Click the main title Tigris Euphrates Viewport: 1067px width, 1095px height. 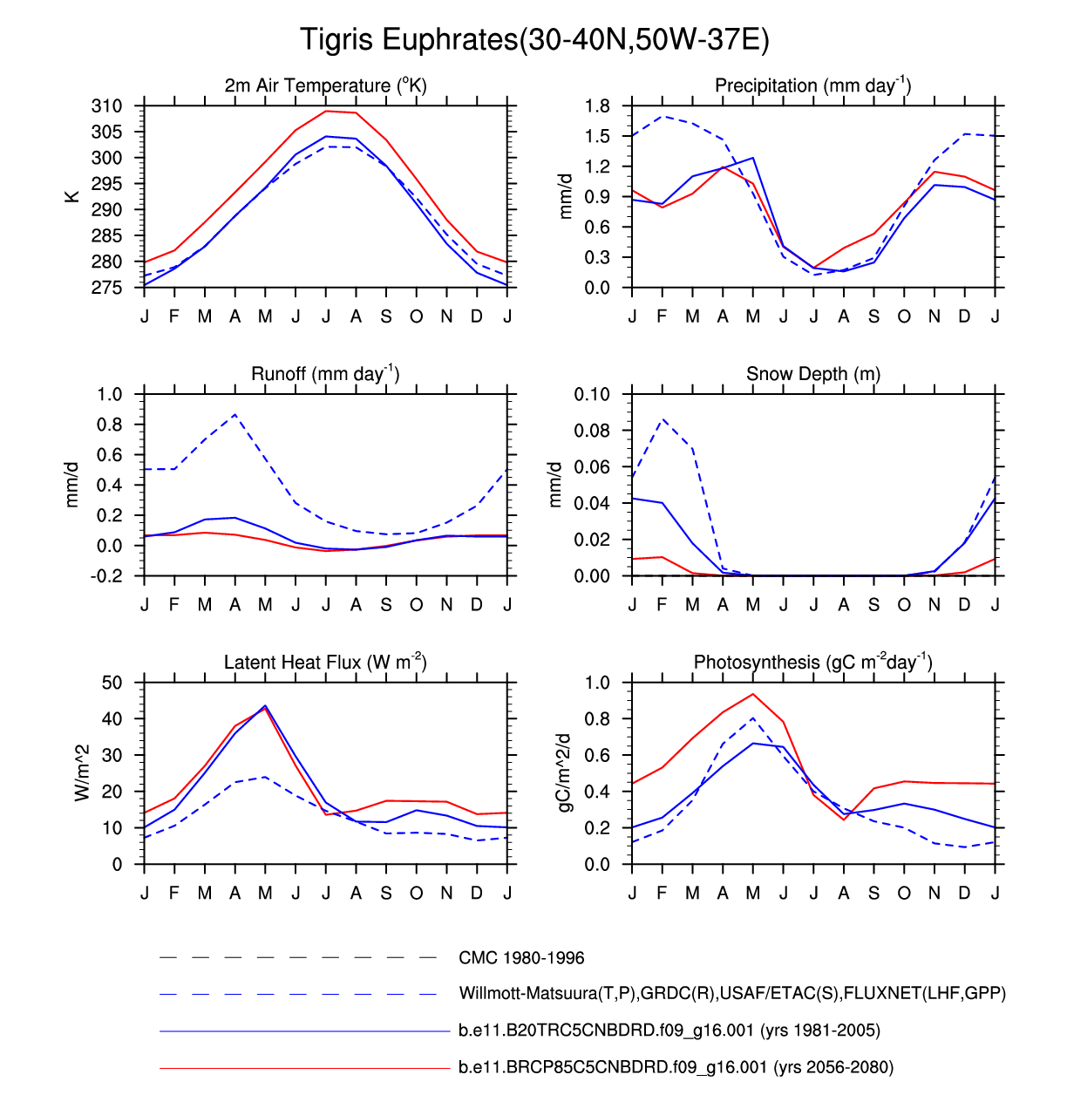coord(533,40)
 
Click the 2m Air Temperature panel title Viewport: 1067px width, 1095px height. coord(325,85)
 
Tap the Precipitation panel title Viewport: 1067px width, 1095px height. coord(812,85)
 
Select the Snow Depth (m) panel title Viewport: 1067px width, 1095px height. coord(812,374)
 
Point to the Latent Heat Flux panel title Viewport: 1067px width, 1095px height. coord(325,663)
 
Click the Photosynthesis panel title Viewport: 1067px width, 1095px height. coord(812,663)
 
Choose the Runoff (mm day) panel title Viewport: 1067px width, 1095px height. coord(325,374)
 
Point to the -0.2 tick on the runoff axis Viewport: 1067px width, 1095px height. coord(109,576)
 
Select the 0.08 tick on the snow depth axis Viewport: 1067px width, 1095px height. coord(592,431)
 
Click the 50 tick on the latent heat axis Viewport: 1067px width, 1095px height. coord(112,683)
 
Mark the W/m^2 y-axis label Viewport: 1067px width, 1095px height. coord(83,772)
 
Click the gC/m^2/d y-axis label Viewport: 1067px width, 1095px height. coord(565,772)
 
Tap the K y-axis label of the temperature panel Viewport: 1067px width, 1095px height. coord(72,197)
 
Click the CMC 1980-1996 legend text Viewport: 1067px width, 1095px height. coord(521,958)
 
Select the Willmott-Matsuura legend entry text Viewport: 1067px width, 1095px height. coord(732,994)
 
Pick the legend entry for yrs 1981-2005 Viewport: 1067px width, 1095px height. coord(669,1030)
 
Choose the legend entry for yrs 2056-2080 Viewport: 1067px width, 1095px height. coord(676,1067)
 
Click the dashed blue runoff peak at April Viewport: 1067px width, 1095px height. coord(235,415)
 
